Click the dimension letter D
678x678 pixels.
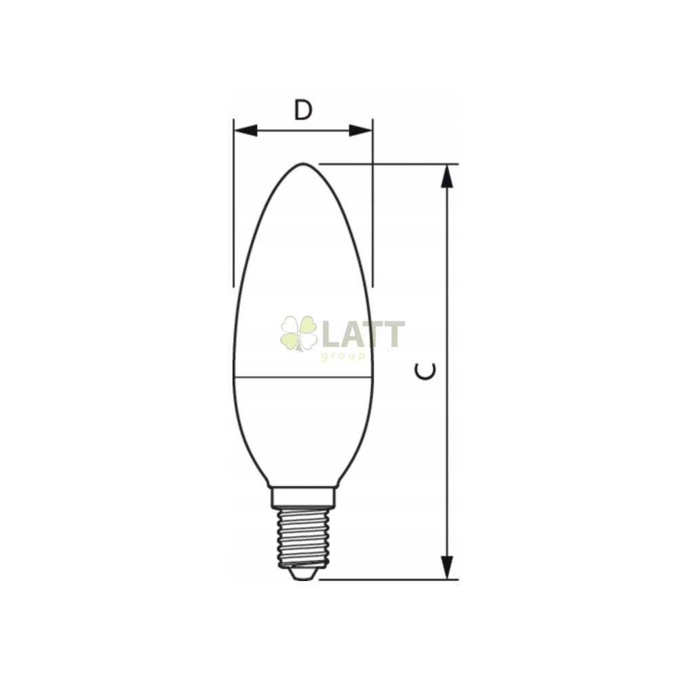(302, 110)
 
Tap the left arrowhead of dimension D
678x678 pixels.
(245, 130)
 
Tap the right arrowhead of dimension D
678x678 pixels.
(361, 130)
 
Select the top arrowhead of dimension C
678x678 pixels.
(447, 176)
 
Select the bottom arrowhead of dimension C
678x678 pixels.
(447, 567)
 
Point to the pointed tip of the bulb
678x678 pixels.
(303, 164)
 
